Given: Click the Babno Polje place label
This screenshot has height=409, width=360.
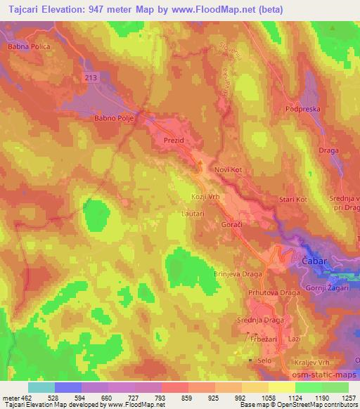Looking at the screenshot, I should click(x=112, y=119).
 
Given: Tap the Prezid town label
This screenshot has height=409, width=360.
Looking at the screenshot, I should click(x=173, y=141).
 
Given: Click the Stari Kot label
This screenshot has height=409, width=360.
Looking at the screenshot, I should click(x=293, y=200).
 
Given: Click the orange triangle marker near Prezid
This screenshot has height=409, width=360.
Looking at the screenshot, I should click(x=200, y=164).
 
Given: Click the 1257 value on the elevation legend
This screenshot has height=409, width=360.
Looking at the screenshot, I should click(x=348, y=398).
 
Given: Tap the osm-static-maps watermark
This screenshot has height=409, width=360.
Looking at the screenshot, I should click(x=329, y=376).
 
